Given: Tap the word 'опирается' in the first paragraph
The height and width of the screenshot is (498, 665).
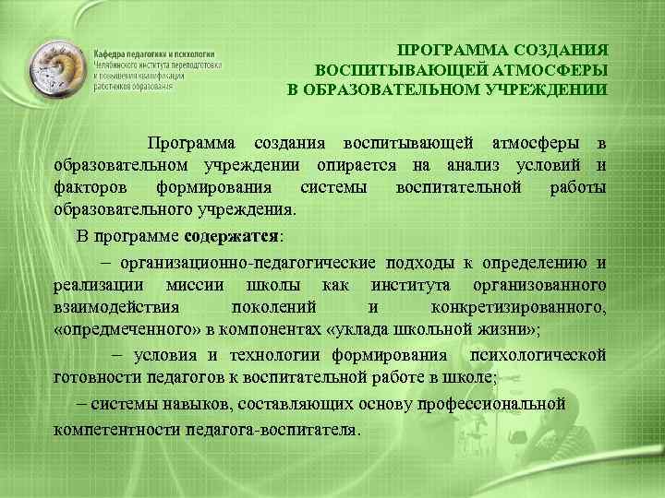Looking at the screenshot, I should coord(354,166).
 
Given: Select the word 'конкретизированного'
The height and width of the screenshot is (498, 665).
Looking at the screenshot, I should coord(519,306).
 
